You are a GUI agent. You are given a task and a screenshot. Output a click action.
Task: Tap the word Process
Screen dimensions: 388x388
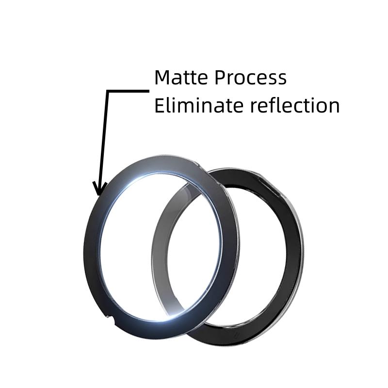(250, 78)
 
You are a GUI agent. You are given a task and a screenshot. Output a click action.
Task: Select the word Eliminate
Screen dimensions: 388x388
(199, 105)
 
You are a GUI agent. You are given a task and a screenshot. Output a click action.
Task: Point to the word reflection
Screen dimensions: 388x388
(295, 105)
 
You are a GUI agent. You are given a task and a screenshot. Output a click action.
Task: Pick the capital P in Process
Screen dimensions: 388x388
(220, 78)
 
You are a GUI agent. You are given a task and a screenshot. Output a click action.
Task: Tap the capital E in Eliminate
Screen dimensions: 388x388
(159, 105)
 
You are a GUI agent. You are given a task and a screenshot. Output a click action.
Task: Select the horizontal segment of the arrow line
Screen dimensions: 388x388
(128, 91)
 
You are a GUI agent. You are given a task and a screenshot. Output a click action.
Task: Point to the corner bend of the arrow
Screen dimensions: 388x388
(108, 91)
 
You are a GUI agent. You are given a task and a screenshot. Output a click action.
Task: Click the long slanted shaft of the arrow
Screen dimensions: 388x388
(104, 142)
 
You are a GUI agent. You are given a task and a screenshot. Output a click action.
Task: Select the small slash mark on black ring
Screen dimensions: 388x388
(236, 336)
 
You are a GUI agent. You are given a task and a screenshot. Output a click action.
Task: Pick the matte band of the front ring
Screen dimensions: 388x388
(92, 247)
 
